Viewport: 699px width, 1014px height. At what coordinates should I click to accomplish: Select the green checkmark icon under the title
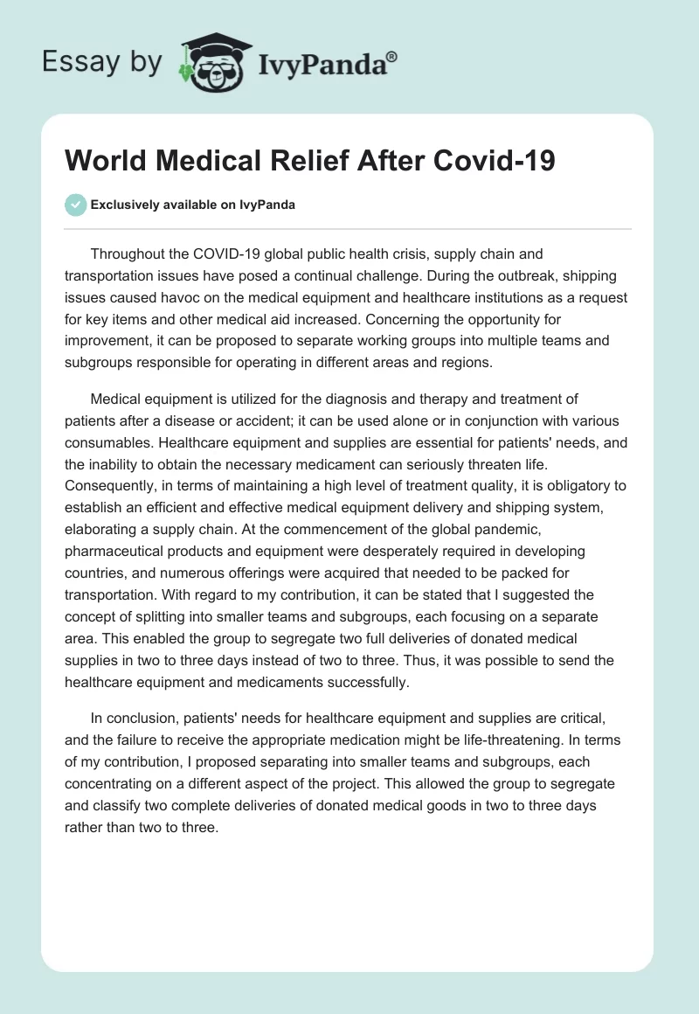75,205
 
